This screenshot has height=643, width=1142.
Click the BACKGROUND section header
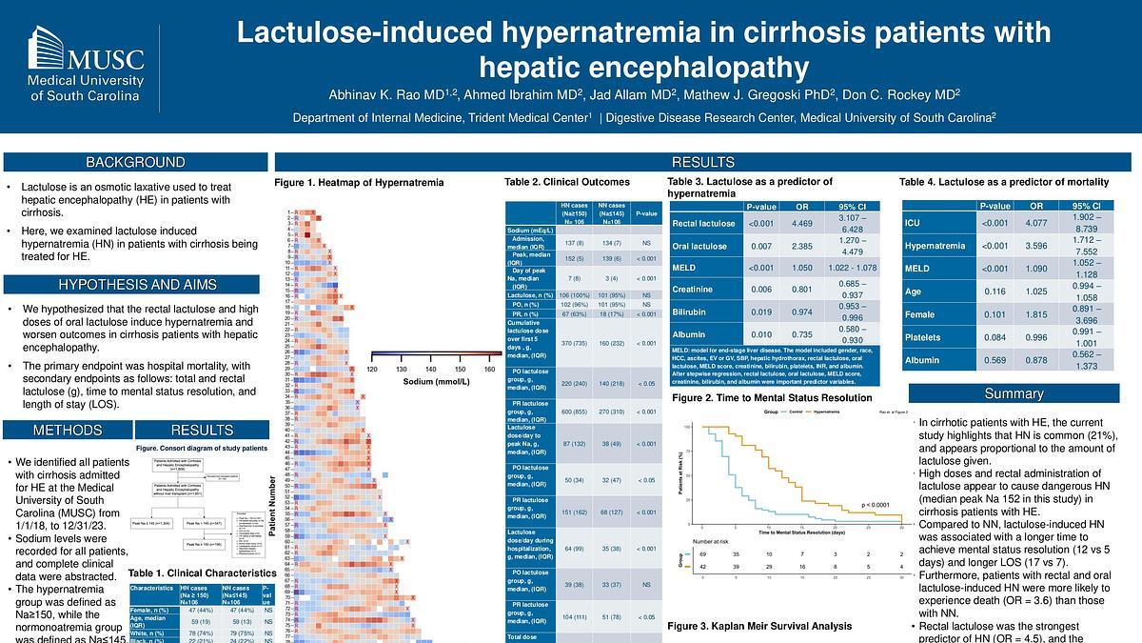pos(134,163)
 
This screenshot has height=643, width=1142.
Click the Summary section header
pos(1014,393)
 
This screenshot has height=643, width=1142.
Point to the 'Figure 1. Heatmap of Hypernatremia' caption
pos(359,182)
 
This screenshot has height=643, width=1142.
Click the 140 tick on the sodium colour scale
pos(431,369)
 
